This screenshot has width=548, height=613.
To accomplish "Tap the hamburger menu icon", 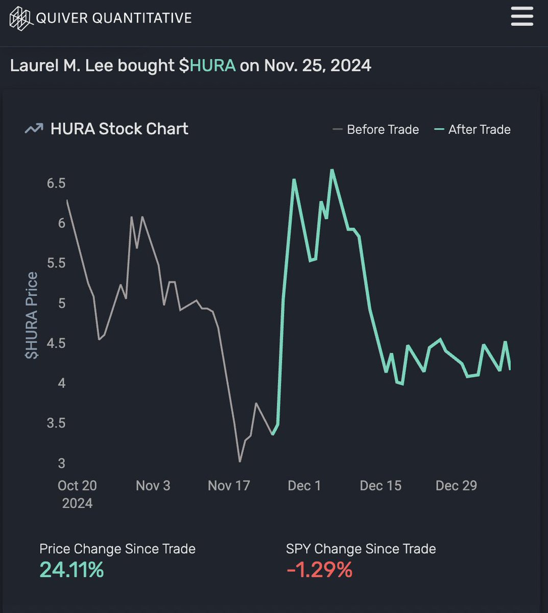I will (521, 17).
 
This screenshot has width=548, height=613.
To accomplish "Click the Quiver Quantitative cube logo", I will (21, 18).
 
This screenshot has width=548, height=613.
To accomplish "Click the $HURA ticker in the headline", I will (207, 66).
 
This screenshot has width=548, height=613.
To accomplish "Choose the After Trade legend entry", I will (472, 130).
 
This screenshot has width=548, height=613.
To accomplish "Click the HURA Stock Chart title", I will (119, 129).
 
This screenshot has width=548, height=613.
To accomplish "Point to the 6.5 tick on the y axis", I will (56, 183).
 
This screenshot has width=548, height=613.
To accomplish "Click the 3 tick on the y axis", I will (61, 463).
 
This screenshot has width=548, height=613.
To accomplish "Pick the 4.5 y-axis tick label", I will (56, 343).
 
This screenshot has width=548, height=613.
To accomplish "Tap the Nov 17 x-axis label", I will (229, 485).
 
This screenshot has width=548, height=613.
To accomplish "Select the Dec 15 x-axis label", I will (380, 485).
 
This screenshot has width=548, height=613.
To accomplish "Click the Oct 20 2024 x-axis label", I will (77, 494).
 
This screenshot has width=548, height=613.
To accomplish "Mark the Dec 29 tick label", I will (456, 485).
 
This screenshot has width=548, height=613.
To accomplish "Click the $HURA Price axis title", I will (32, 315).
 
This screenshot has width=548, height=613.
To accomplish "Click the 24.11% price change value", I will (72, 570).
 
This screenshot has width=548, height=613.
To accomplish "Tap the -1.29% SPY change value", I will (319, 570).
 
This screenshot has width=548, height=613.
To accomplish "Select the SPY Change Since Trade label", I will (361, 549).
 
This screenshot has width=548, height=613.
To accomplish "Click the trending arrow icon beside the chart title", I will (34, 129).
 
